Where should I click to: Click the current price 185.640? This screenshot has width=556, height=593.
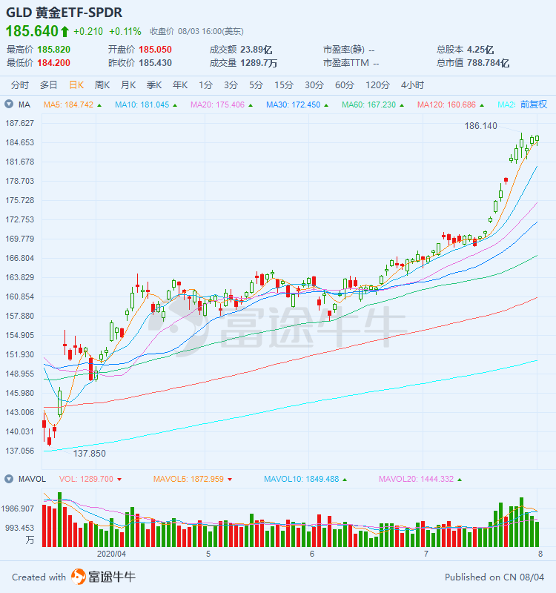click(x=32, y=31)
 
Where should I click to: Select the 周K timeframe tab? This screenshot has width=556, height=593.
click(x=102, y=85)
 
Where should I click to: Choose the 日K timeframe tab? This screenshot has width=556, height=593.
click(x=76, y=85)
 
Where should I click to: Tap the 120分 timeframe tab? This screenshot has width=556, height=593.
click(x=377, y=85)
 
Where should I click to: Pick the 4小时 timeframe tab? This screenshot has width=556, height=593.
click(x=412, y=85)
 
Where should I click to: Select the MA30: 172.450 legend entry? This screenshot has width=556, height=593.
click(x=294, y=105)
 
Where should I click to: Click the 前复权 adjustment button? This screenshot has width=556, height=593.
click(x=534, y=105)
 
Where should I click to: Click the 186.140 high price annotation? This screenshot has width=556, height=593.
click(x=480, y=127)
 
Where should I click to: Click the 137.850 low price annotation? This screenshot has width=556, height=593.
click(x=89, y=453)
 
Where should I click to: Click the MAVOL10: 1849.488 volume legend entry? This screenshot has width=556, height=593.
click(x=301, y=479)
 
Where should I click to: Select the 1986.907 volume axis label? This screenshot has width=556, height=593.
click(x=20, y=508)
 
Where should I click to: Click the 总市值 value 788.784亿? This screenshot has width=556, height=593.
click(x=483, y=63)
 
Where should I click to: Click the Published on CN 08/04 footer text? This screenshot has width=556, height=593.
click(x=494, y=577)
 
